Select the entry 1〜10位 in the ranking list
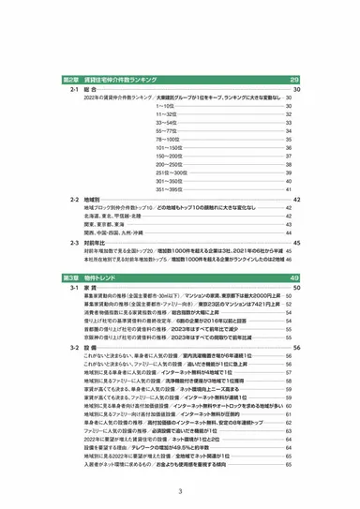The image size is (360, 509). coord(165,106)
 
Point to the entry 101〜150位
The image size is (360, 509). coord(169,147)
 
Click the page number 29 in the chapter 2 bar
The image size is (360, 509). coord(293,81)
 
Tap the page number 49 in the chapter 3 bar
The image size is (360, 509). coord(293,278)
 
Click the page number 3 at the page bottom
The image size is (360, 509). coord(179,490)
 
